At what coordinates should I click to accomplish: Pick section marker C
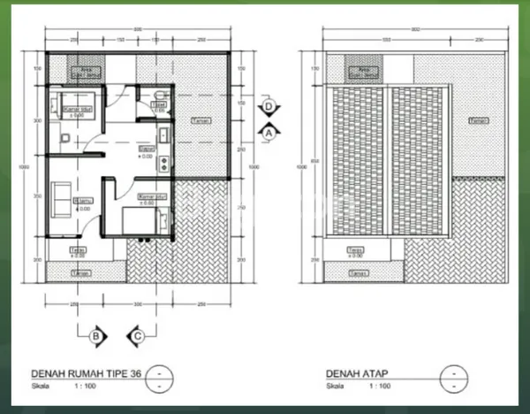click(138, 335)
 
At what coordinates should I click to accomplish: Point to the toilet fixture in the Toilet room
click(156, 94)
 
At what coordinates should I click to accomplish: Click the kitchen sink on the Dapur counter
click(163, 135)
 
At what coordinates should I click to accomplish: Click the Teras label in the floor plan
click(79, 252)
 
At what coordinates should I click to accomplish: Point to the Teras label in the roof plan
click(357, 252)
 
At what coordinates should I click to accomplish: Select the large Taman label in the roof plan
click(478, 119)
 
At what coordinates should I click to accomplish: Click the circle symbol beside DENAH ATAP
click(453, 372)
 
